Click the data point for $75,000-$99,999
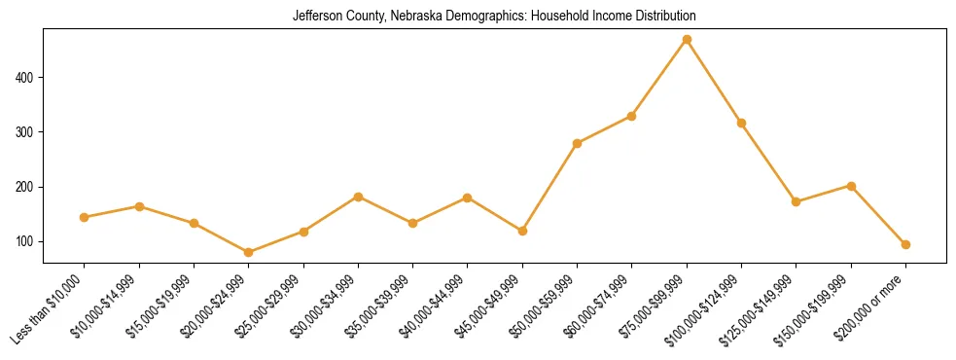pyautogui.click(x=687, y=40)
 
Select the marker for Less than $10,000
pyautogui.click(x=85, y=217)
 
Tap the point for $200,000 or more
pyautogui.click(x=905, y=244)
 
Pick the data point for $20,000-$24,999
pyautogui.click(x=249, y=252)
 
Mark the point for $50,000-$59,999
pyautogui.click(x=578, y=143)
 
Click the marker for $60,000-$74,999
pyautogui.click(x=632, y=116)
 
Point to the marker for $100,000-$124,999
pyautogui.click(x=741, y=123)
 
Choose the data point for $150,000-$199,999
pyautogui.click(x=851, y=186)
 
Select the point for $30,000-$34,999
pyautogui.click(x=358, y=197)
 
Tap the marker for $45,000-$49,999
pyautogui.click(x=522, y=231)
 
